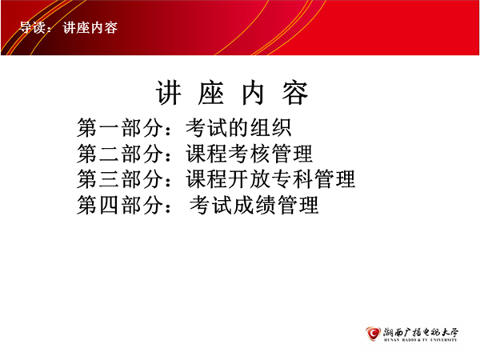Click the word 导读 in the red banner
click(33, 28)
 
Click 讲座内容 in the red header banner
click(90, 28)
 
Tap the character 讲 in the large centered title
click(169, 93)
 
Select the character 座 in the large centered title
click(211, 93)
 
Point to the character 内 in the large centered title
click(253, 93)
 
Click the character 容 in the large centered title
click(294, 93)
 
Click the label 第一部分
click(119, 128)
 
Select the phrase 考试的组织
click(238, 128)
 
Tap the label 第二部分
click(119, 154)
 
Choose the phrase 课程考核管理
click(249, 154)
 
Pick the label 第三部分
click(119, 179)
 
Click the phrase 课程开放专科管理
click(270, 179)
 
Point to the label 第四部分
click(119, 205)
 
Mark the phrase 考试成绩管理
click(254, 205)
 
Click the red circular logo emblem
click(373, 334)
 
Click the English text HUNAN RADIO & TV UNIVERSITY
click(421, 340)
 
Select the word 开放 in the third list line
click(249, 179)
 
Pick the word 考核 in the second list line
click(249, 154)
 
